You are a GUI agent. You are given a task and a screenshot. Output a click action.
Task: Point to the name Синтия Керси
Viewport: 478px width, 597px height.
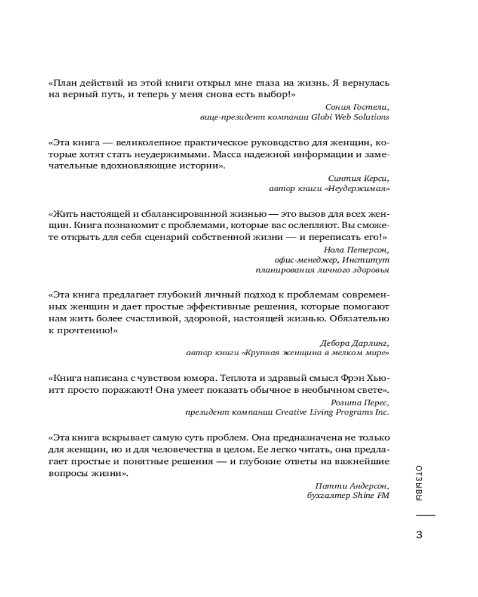[x=359, y=178]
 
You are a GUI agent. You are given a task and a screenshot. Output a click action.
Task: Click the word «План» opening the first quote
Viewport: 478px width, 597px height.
[x=60, y=83]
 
